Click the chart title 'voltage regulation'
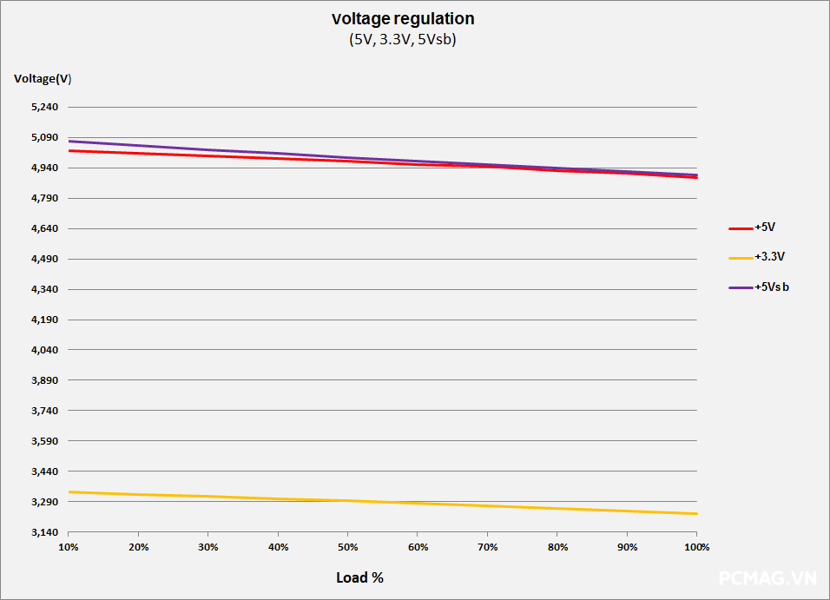pos(403,18)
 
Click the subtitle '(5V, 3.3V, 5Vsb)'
pos(402,40)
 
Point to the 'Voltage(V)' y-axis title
pos(43,79)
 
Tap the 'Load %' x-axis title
pos(359,577)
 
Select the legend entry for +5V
pos(752,227)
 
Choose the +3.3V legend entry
pos(756,257)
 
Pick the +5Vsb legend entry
pos(759,287)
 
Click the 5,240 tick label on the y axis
pos(45,107)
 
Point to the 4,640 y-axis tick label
pos(45,228)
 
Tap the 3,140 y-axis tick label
pos(45,532)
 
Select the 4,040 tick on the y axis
pos(45,350)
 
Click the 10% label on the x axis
pos(69,547)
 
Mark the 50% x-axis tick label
pos(348,547)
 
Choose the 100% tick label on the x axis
pos(696,547)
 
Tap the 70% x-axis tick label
pos(488,547)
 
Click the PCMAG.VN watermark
pos(767,578)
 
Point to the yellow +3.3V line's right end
pos(696,514)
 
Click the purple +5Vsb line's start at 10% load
pos(69,142)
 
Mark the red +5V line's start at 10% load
pos(69,151)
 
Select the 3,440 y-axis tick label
pos(45,471)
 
